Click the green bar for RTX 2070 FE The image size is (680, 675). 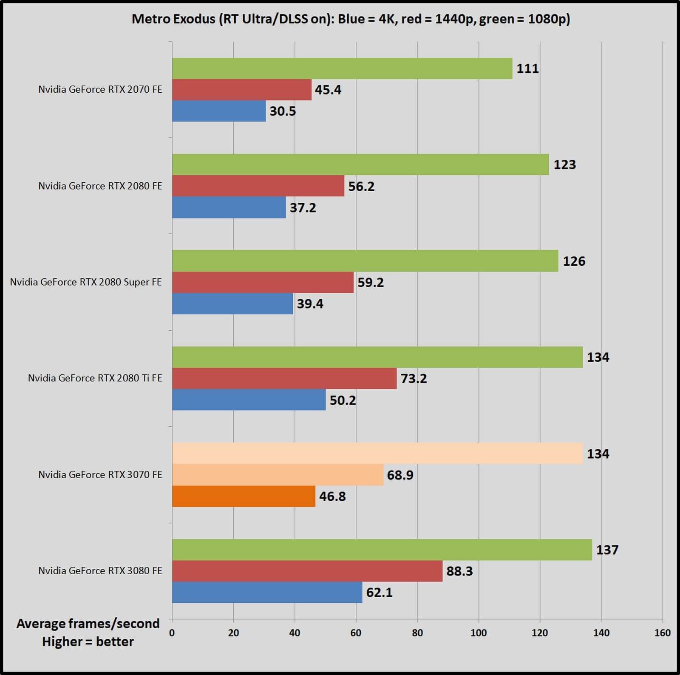[342, 68]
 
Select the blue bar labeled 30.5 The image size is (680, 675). [219, 111]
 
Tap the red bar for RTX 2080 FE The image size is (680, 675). [258, 186]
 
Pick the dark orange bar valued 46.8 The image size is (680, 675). [244, 496]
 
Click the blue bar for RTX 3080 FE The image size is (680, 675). [267, 592]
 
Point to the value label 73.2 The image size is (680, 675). [414, 378]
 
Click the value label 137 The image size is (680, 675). [607, 550]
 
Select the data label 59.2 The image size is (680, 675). [370, 282]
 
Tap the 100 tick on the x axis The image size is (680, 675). [479, 632]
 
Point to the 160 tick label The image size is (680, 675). [662, 632]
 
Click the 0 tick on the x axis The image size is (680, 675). [172, 632]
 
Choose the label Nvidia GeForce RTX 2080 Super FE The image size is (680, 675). [86, 282]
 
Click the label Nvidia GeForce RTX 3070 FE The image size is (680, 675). [100, 474]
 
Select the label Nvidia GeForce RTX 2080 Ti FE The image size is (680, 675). [95, 378]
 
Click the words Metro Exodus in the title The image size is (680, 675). [173, 19]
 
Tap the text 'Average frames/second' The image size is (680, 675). [88, 623]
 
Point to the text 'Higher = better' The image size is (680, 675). [88, 641]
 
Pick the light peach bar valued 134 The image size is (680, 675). [377, 453]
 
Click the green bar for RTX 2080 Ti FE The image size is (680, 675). [377, 357]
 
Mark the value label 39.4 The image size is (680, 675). [310, 303]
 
